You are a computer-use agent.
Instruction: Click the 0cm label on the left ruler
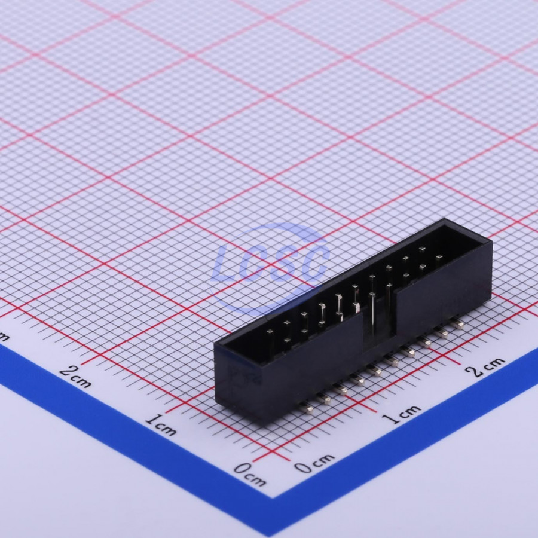coord(250,474)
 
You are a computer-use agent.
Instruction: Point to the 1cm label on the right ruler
coord(401,414)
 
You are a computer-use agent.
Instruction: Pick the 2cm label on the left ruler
coord(75,377)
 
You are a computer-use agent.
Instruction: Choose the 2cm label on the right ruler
coord(485,366)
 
